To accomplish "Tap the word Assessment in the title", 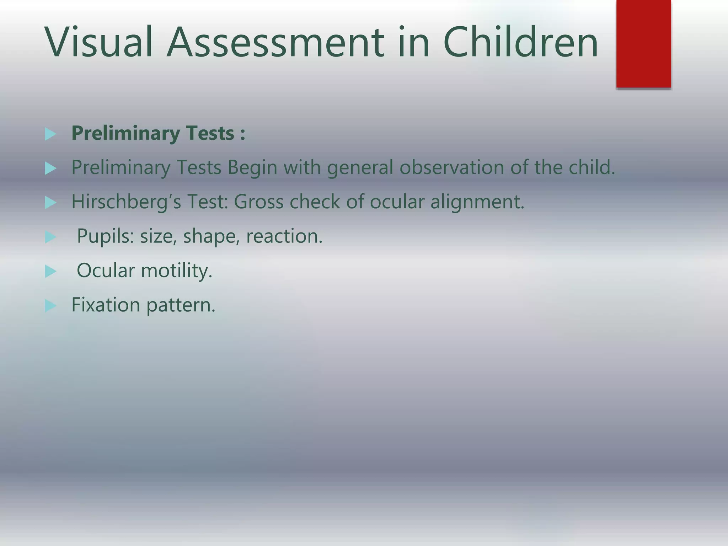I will [x=275, y=42].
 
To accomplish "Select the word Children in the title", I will [x=521, y=42].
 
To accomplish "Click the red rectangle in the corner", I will [x=643, y=43].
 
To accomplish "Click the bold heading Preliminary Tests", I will [x=158, y=133].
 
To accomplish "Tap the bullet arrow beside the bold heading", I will [x=50, y=134].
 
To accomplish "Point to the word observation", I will [x=451, y=167].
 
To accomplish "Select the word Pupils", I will [x=105, y=236].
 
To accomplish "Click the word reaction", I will [x=284, y=236].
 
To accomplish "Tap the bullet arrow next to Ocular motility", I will [x=50, y=272].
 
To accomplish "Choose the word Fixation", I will [x=106, y=305].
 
